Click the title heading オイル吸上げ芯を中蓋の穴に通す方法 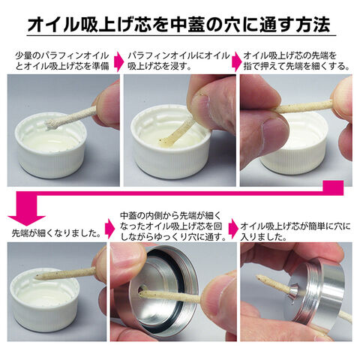(178, 25)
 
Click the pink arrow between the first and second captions (118, 61)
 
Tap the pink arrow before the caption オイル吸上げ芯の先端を (236, 61)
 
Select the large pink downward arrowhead (26, 220)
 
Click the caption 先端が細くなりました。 (56, 233)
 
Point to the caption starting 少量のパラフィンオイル (62, 61)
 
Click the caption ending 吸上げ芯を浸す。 (178, 61)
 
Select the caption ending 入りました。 (295, 232)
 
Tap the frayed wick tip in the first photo (52, 124)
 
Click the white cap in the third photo (295, 145)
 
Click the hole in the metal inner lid (142, 289)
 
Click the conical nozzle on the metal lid (295, 291)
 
